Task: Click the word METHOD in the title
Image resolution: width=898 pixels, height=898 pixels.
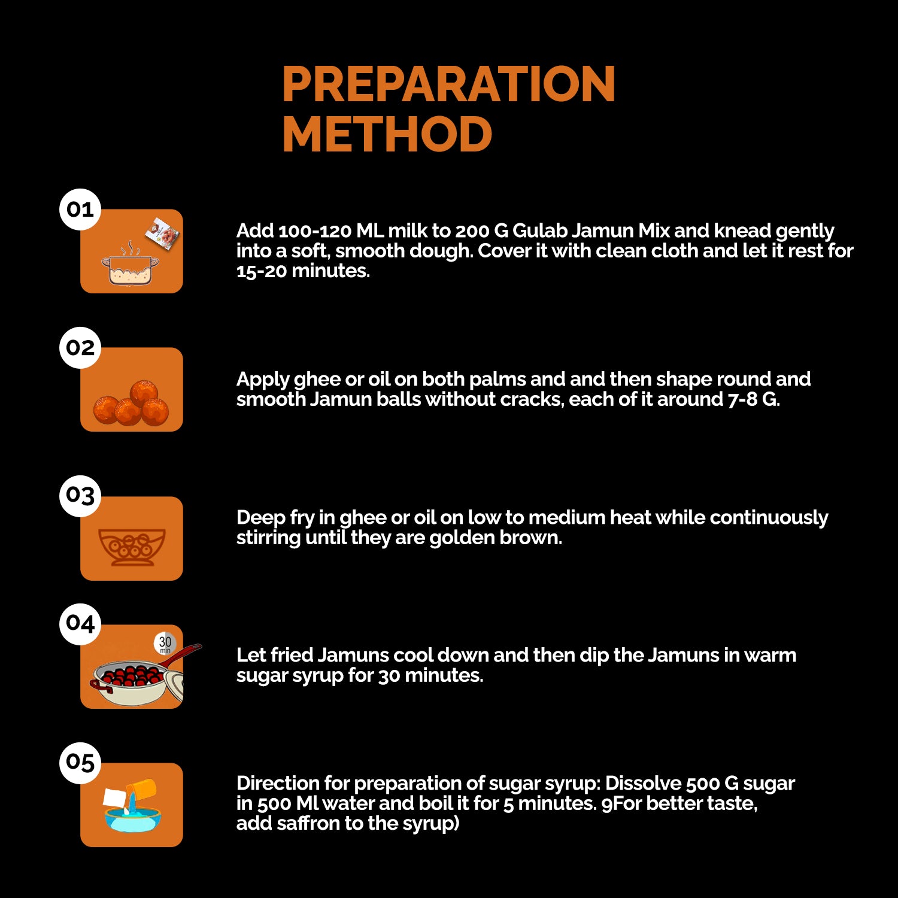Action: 387,134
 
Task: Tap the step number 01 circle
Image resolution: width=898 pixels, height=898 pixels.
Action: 80,210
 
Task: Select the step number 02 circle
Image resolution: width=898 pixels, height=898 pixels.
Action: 80,348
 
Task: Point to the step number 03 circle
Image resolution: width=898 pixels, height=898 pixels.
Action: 80,496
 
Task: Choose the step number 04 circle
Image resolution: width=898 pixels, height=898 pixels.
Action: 80,624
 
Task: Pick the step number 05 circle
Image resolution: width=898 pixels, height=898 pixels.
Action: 80,762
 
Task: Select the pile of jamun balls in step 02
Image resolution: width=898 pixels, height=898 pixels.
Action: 131,402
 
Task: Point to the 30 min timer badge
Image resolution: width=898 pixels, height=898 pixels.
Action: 165,644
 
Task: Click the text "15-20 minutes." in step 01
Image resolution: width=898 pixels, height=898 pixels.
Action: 303,271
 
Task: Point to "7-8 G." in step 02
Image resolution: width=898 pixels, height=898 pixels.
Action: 754,399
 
